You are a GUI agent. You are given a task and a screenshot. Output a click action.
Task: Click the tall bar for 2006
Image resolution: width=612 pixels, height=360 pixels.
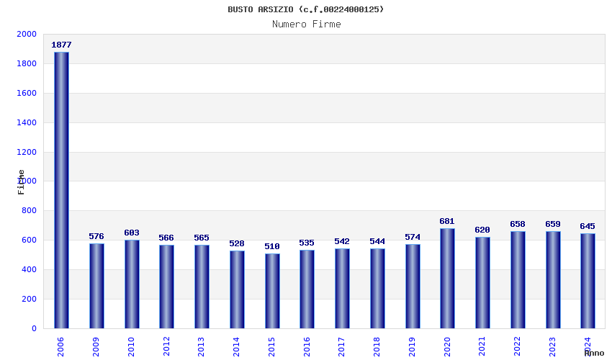click(x=61, y=190)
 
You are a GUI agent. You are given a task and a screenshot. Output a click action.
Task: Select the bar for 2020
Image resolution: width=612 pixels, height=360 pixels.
click(x=447, y=278)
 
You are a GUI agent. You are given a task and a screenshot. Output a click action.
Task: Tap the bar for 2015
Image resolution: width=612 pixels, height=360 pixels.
click(x=272, y=291)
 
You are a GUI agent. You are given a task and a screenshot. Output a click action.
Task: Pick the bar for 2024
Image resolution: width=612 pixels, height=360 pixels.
click(x=588, y=281)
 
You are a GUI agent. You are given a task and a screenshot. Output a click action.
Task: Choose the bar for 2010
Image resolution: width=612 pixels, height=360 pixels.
click(x=132, y=284)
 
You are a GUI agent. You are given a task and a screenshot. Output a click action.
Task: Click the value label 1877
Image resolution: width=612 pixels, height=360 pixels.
click(x=61, y=45)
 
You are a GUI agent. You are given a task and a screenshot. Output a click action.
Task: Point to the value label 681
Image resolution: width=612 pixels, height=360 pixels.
click(x=447, y=221)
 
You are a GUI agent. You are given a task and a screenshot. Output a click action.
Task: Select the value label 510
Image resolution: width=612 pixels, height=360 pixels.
click(x=272, y=246)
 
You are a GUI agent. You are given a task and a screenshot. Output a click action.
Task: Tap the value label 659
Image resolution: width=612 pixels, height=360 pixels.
click(x=552, y=224)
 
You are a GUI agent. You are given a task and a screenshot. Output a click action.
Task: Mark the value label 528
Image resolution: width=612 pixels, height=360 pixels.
click(x=237, y=243)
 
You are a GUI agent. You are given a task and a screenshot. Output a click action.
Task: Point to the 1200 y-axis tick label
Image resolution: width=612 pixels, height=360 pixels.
click(x=26, y=152)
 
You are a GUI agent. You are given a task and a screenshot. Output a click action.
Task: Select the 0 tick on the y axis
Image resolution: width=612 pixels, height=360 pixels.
click(x=34, y=328)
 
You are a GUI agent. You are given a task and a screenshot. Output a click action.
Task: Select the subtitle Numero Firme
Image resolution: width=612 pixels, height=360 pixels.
click(x=306, y=24)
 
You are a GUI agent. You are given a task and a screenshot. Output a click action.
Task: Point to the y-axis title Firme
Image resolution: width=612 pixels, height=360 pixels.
click(x=22, y=181)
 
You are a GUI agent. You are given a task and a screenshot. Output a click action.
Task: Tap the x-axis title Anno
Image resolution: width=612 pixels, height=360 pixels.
click(x=594, y=353)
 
